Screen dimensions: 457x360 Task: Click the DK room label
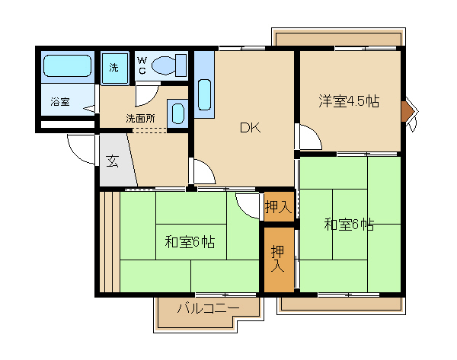pyautogui.click(x=250, y=128)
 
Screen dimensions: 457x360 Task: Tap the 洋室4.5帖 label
pyautogui.click(x=349, y=101)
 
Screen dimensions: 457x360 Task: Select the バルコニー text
pyautogui.click(x=209, y=308)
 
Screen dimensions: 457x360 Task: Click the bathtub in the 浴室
pyautogui.click(x=67, y=65)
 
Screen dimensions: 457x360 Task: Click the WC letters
pyautogui.click(x=142, y=65)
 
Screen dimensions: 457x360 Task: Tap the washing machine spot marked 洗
pyautogui.click(x=114, y=68)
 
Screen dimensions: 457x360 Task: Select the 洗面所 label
pyautogui.click(x=140, y=119)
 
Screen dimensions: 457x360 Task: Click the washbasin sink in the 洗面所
pyautogui.click(x=177, y=113)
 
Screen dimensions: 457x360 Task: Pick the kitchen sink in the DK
pyautogui.click(x=204, y=94)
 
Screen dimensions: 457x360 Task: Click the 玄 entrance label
pyautogui.click(x=112, y=161)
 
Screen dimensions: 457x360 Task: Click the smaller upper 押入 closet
pyautogui.click(x=279, y=206)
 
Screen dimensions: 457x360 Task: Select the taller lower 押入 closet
pyautogui.click(x=279, y=260)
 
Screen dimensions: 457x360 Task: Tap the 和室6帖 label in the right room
pyautogui.click(x=349, y=225)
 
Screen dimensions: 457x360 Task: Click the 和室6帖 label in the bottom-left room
pyautogui.click(x=190, y=242)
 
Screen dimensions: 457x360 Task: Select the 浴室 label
pyautogui.click(x=60, y=102)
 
